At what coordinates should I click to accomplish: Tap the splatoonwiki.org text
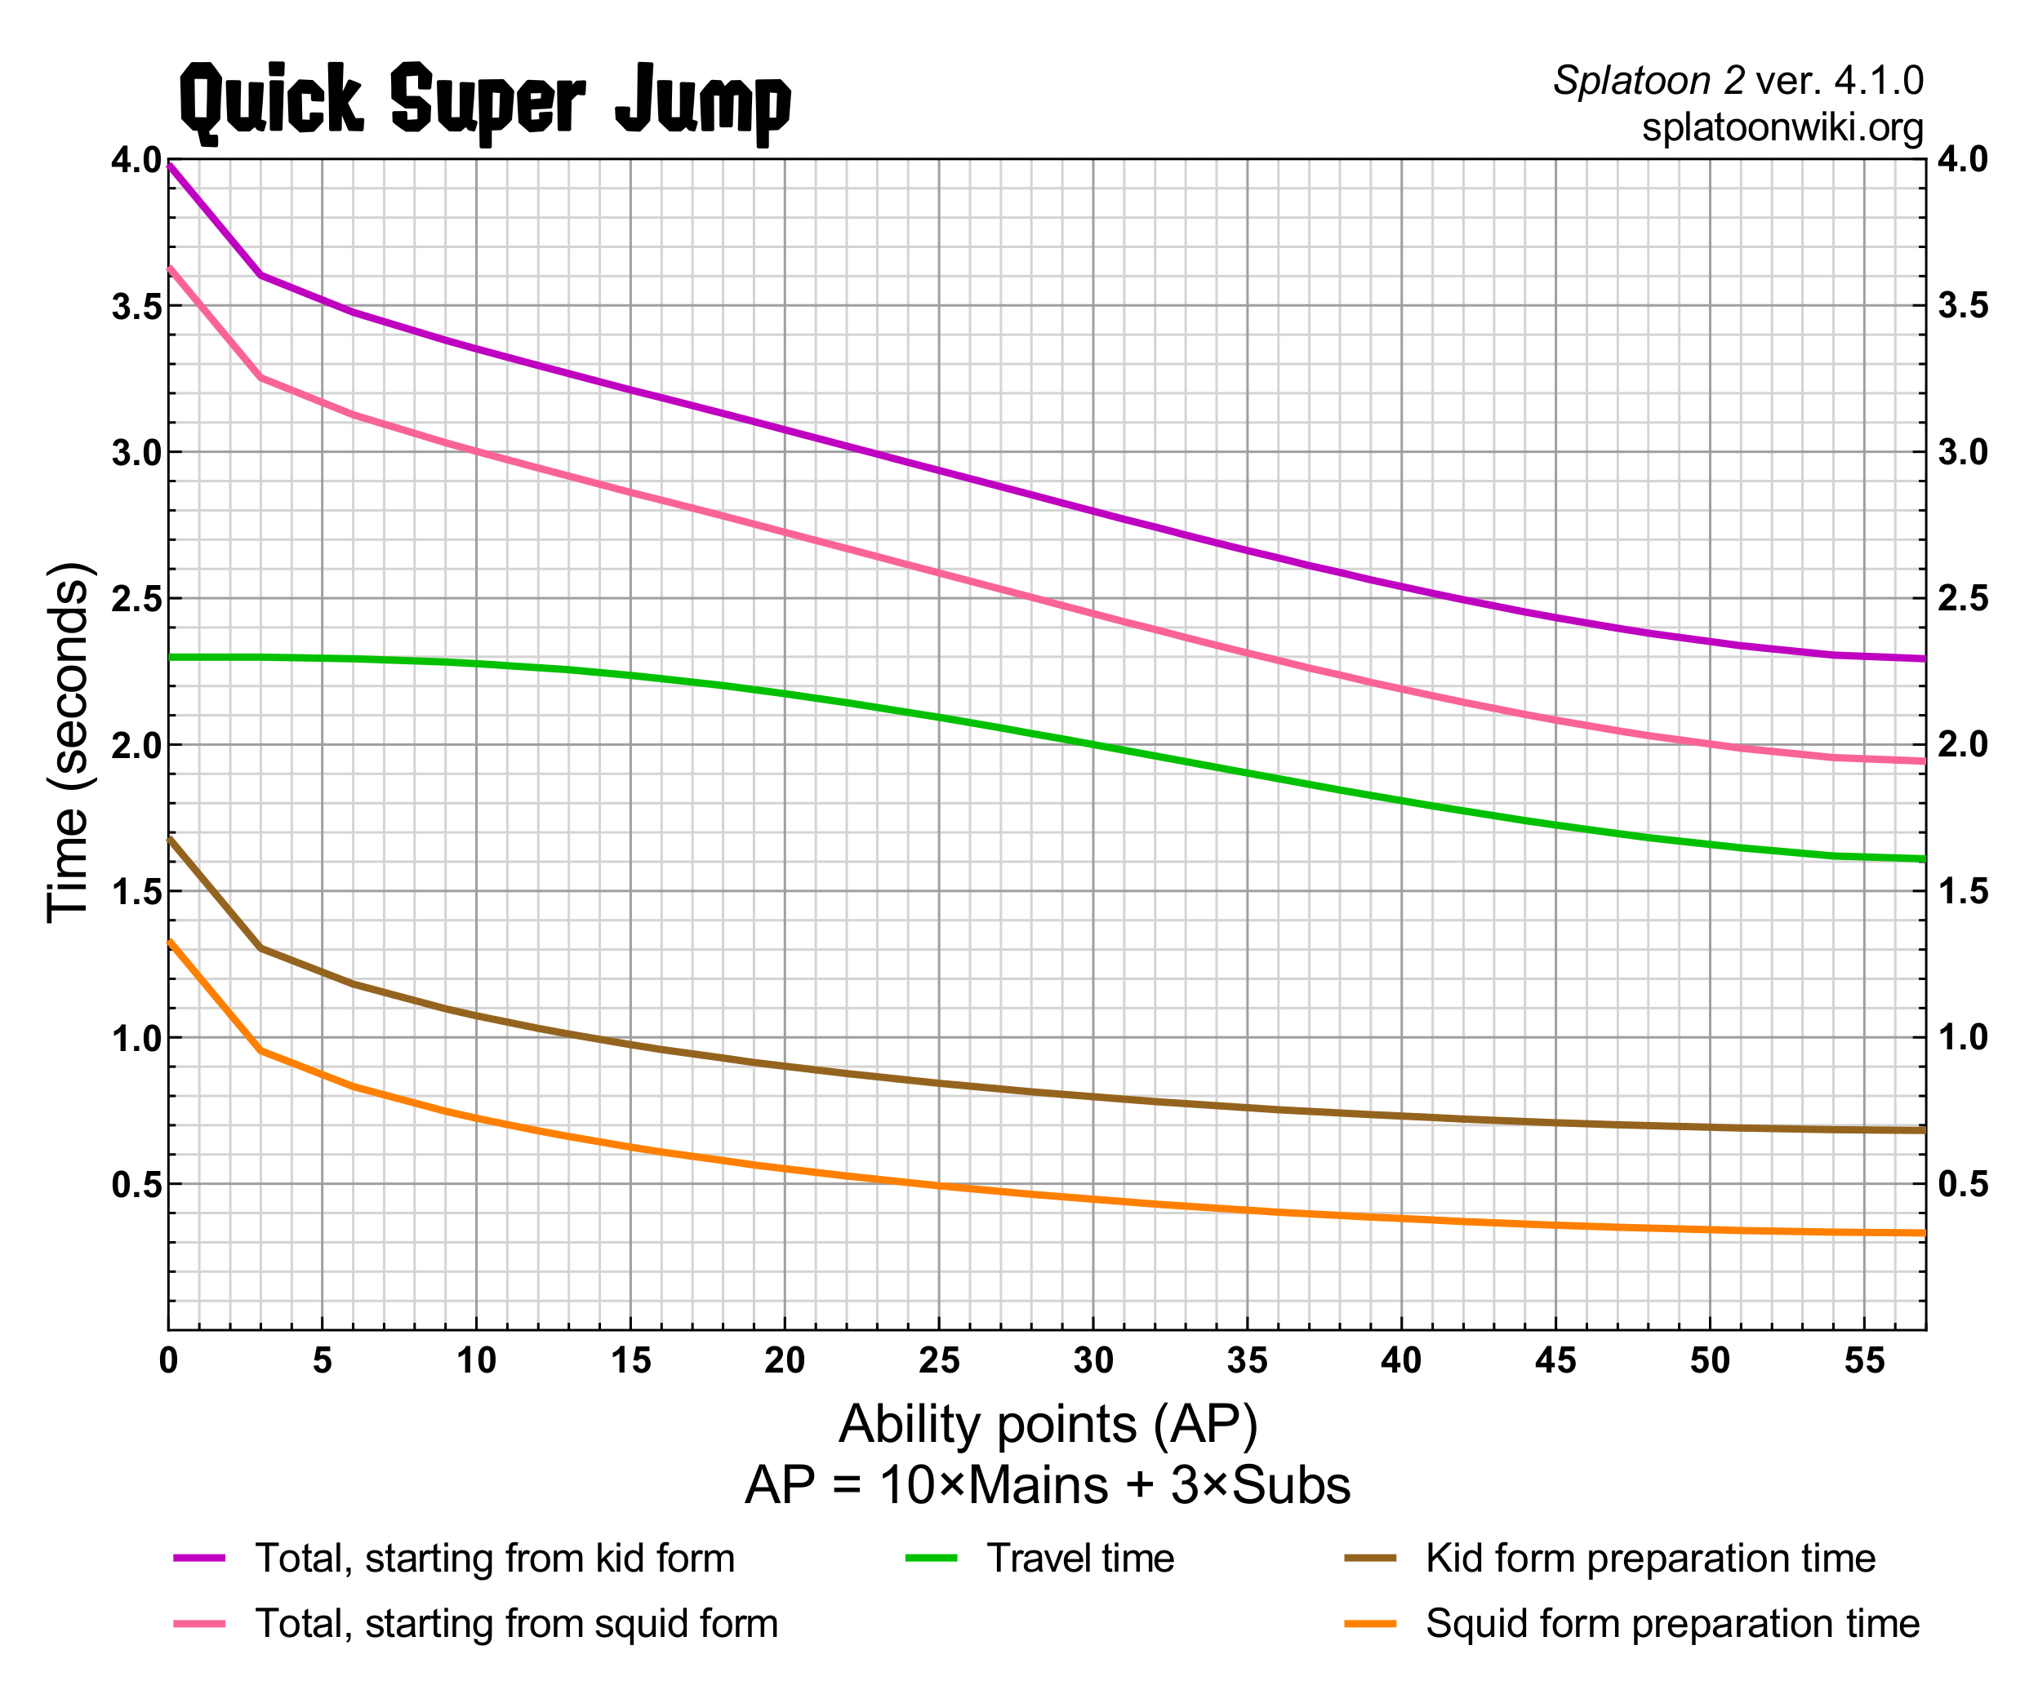1782,126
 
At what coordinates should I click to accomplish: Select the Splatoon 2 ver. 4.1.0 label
1738,80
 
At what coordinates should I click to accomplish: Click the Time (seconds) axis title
69,742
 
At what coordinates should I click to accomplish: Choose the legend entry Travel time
1079,1559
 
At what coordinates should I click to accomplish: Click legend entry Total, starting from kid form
494,1559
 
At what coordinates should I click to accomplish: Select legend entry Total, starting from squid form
515,1624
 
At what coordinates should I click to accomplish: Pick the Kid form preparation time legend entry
1649,1559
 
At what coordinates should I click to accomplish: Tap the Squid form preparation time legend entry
1672,1624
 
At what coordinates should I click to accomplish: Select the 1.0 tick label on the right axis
1961,1038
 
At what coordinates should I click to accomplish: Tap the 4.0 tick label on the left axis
136,160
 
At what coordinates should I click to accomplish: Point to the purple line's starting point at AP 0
170,166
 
